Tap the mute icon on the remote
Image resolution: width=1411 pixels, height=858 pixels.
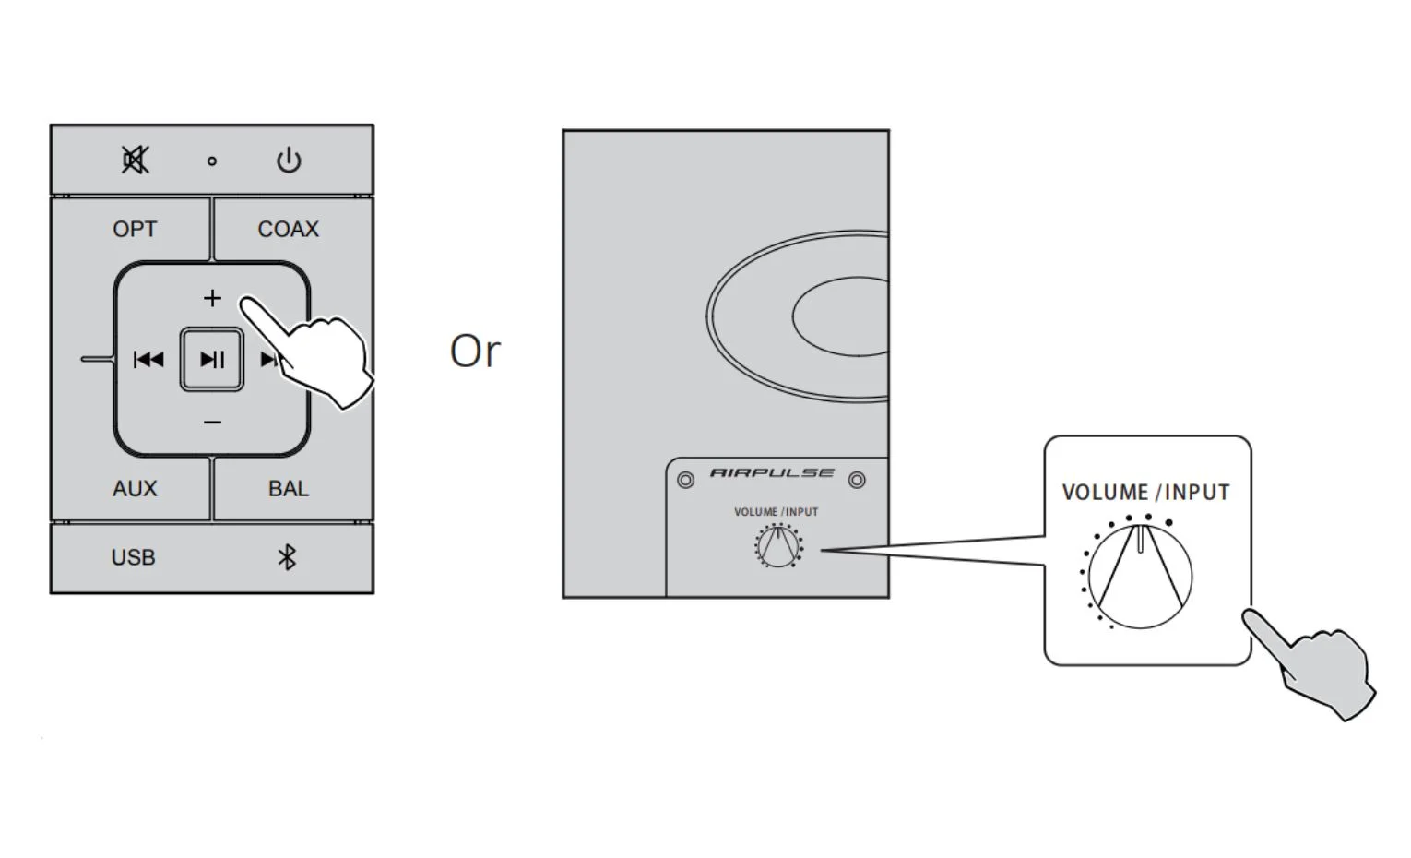[136, 160]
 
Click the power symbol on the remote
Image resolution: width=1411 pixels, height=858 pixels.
[290, 160]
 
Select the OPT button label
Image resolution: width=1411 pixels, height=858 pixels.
[135, 230]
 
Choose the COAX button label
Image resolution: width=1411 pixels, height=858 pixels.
[289, 230]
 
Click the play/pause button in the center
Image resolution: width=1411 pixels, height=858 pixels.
[212, 360]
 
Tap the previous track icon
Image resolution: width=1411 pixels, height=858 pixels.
[148, 360]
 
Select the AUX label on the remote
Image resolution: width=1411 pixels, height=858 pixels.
[135, 489]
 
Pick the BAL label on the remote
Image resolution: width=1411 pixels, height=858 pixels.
[289, 489]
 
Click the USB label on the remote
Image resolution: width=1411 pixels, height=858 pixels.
[134, 557]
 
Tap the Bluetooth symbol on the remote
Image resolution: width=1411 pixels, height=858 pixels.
[287, 557]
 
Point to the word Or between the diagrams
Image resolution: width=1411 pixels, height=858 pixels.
[476, 352]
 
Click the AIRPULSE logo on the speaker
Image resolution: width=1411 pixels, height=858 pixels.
[772, 473]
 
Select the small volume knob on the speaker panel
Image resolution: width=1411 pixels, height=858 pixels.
[778, 546]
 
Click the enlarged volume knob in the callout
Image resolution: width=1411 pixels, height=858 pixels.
[1140, 576]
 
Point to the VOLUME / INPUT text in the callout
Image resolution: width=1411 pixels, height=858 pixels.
[1145, 492]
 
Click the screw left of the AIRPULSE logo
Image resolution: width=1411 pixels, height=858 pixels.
[686, 481]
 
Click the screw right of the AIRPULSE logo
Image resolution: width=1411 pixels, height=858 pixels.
[857, 481]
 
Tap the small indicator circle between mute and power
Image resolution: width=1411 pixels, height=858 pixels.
[212, 161]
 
